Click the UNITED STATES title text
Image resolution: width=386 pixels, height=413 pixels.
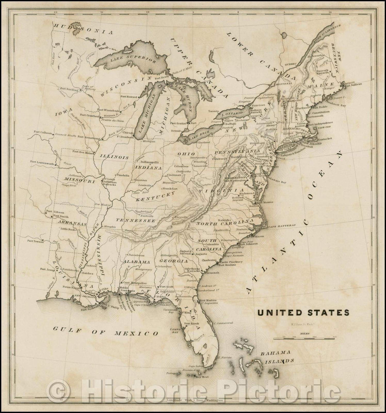point(303,313)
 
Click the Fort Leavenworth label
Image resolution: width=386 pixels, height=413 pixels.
point(44,164)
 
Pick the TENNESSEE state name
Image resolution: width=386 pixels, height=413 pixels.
point(135,221)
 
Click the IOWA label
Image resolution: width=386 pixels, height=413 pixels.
point(64,112)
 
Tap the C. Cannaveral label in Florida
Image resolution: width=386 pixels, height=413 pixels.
point(223,323)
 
